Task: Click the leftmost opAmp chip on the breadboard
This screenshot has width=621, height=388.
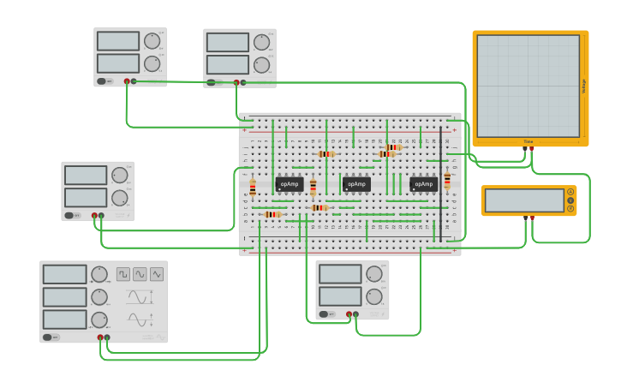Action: [x=290, y=184]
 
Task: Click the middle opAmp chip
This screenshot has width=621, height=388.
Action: [x=356, y=184]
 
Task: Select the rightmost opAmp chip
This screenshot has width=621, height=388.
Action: [x=423, y=184]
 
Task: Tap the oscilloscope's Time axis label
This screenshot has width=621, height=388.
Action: [x=528, y=141]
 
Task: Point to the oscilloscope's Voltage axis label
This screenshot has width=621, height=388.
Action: [x=584, y=86]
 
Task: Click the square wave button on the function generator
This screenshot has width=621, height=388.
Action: [x=123, y=274]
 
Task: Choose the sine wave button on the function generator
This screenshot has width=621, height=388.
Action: [x=140, y=274]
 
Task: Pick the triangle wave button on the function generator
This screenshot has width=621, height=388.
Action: [x=157, y=274]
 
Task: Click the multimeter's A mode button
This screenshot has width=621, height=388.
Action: [x=570, y=192]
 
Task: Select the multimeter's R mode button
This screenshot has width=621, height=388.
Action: [x=570, y=209]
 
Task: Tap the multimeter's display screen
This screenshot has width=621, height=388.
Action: [x=524, y=200]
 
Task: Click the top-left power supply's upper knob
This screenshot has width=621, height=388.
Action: [x=152, y=41]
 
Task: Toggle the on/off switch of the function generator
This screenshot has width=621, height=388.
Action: [x=51, y=337]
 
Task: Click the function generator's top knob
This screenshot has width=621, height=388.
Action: [x=99, y=274]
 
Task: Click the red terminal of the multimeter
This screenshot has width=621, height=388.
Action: [x=532, y=218]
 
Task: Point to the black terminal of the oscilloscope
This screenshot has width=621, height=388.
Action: [x=524, y=148]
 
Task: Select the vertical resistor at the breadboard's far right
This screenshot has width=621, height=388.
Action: [x=447, y=180]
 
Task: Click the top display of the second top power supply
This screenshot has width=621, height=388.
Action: [x=227, y=42]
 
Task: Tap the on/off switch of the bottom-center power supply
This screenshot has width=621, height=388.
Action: [x=325, y=314]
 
